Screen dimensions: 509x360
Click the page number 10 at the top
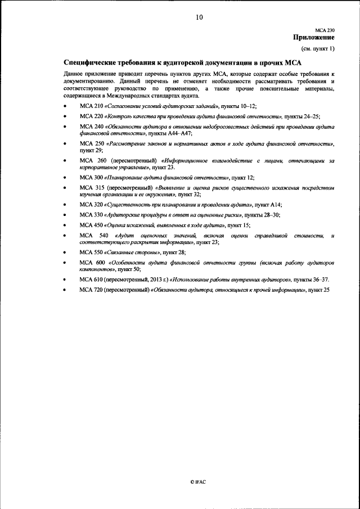(199, 17)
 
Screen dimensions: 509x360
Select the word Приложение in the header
(313, 38)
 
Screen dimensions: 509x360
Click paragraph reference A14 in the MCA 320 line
(276, 205)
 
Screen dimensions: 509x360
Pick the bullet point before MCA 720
(65, 290)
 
